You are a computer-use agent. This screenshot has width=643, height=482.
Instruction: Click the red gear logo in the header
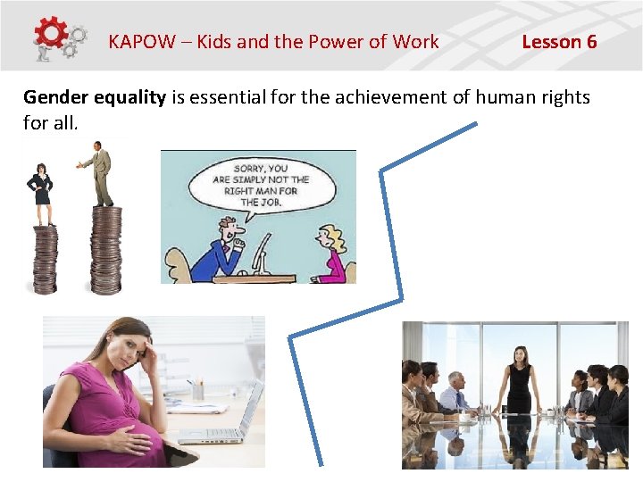(52, 34)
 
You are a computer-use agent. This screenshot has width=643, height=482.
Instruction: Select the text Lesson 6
(559, 41)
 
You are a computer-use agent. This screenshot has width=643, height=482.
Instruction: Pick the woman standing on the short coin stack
(41, 193)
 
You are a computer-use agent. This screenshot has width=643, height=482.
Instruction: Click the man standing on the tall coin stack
(102, 175)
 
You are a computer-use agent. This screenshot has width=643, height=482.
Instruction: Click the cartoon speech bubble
(261, 185)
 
